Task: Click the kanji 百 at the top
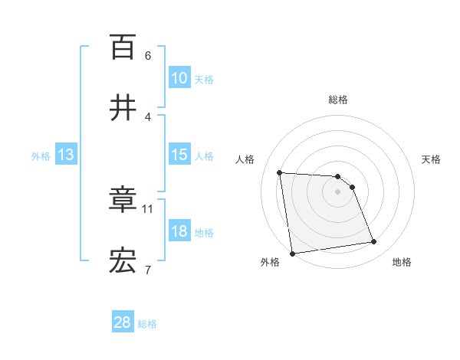123,47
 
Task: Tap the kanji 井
123,106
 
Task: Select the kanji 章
123,200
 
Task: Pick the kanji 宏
123,260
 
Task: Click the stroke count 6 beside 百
148,56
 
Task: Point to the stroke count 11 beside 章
148,208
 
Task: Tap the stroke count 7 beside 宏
148,269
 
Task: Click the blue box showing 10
179,78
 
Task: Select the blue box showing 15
179,155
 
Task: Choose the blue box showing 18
179,231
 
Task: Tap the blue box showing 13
65,155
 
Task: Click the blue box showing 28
122,322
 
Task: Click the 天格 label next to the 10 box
204,80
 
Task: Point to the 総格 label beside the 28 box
147,324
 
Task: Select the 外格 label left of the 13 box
41,156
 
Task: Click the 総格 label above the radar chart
337,100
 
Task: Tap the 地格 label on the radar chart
402,262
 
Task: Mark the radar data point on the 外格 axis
292,254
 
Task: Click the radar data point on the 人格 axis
280,172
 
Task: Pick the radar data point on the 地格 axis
374,242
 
